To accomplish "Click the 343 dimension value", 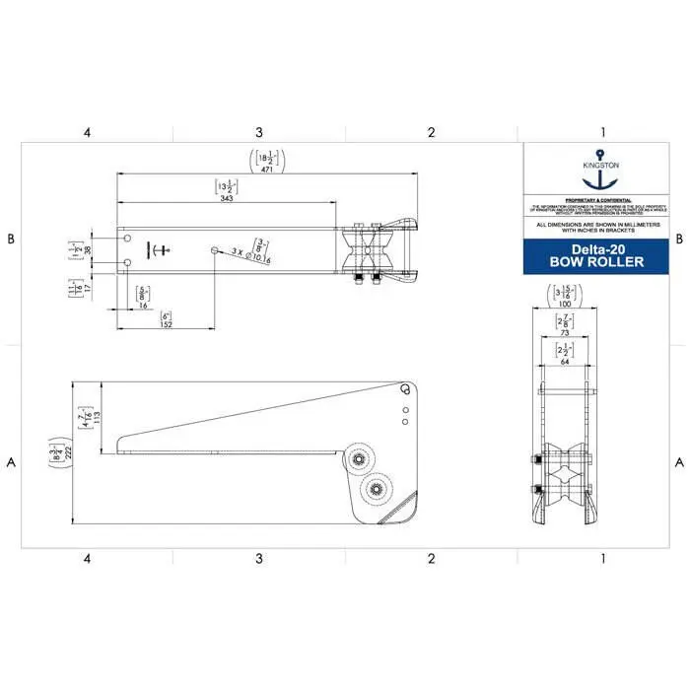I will click(226, 199).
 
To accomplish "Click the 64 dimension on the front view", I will click(565, 361).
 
